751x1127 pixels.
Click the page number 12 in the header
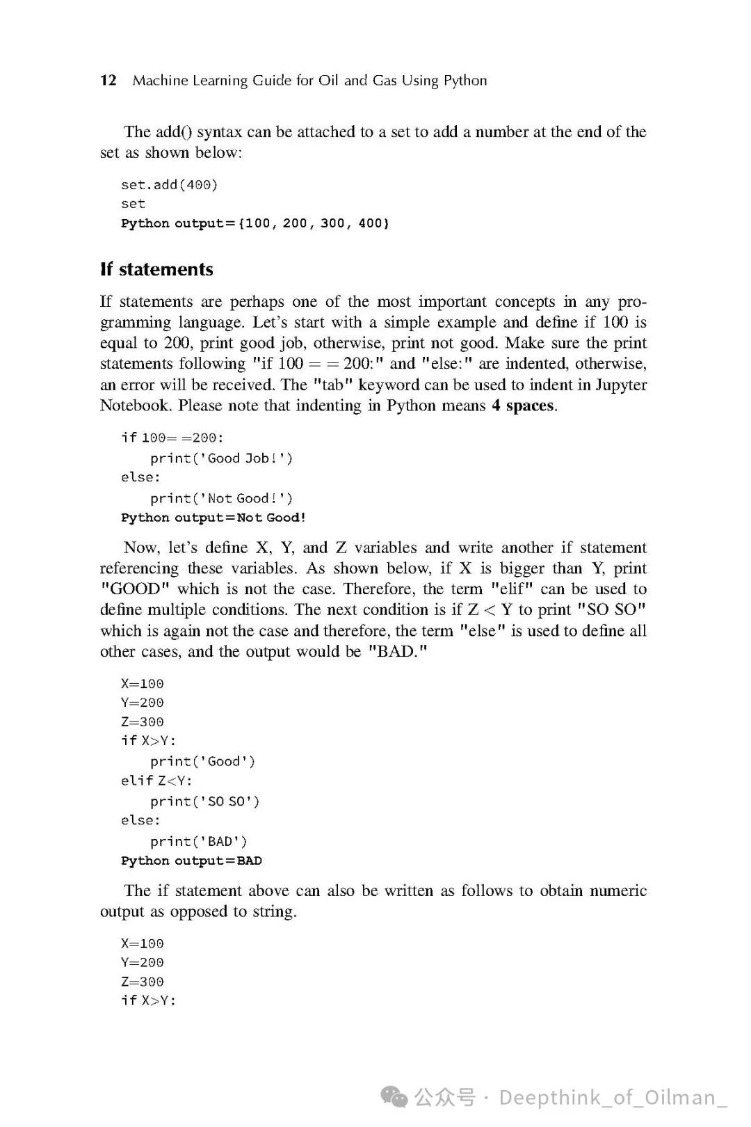pyautogui.click(x=108, y=80)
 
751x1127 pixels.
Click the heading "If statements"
pyautogui.click(x=156, y=269)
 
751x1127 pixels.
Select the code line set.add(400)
pyautogui.click(x=169, y=184)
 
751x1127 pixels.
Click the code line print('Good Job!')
pyautogui.click(x=221, y=458)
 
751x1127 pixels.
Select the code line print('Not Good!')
pyautogui.click(x=221, y=498)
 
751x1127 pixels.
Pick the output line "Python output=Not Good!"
pyautogui.click(x=213, y=518)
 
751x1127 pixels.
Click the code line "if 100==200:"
pyautogui.click(x=172, y=438)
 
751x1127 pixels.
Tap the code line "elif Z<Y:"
pyautogui.click(x=156, y=781)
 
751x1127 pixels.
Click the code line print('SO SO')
pyautogui.click(x=204, y=801)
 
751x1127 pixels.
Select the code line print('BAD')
pyautogui.click(x=198, y=841)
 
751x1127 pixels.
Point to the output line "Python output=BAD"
pyautogui.click(x=191, y=861)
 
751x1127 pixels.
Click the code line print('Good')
pyautogui.click(x=203, y=761)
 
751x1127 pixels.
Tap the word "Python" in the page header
pyautogui.click(x=465, y=81)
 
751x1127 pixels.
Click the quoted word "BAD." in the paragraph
pyautogui.click(x=398, y=652)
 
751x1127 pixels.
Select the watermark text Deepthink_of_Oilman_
pyautogui.click(x=613, y=1097)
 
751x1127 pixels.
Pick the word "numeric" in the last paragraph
pyautogui.click(x=618, y=891)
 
